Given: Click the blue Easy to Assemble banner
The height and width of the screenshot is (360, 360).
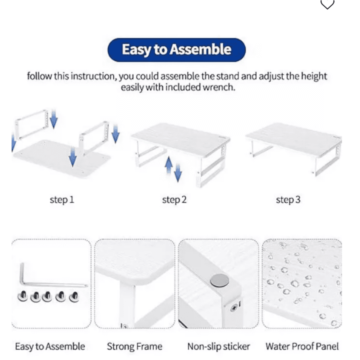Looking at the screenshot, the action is click(176, 50).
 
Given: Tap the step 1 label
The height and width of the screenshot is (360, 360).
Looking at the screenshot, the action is click(62, 200).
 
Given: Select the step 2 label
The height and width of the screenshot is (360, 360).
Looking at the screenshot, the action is click(174, 200).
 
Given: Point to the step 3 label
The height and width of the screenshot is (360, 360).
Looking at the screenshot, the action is click(288, 200).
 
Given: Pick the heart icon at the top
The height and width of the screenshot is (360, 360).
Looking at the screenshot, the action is click(327, 4).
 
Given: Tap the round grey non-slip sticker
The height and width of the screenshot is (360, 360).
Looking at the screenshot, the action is click(219, 280).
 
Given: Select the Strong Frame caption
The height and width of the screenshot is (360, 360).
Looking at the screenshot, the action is click(135, 346).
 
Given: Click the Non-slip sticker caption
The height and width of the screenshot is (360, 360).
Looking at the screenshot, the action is click(219, 346).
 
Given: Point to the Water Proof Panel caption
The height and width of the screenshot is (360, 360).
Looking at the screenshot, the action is click(302, 346).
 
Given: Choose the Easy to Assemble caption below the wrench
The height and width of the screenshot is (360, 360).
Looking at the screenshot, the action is click(50, 346).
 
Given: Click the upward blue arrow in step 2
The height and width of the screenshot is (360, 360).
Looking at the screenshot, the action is click(169, 164).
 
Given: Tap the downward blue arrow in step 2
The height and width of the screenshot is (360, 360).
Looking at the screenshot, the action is click(178, 173).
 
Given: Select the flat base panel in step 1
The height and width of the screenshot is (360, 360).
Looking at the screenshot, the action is click(62, 158).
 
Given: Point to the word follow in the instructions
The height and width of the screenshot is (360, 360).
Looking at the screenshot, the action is click(39, 76).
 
